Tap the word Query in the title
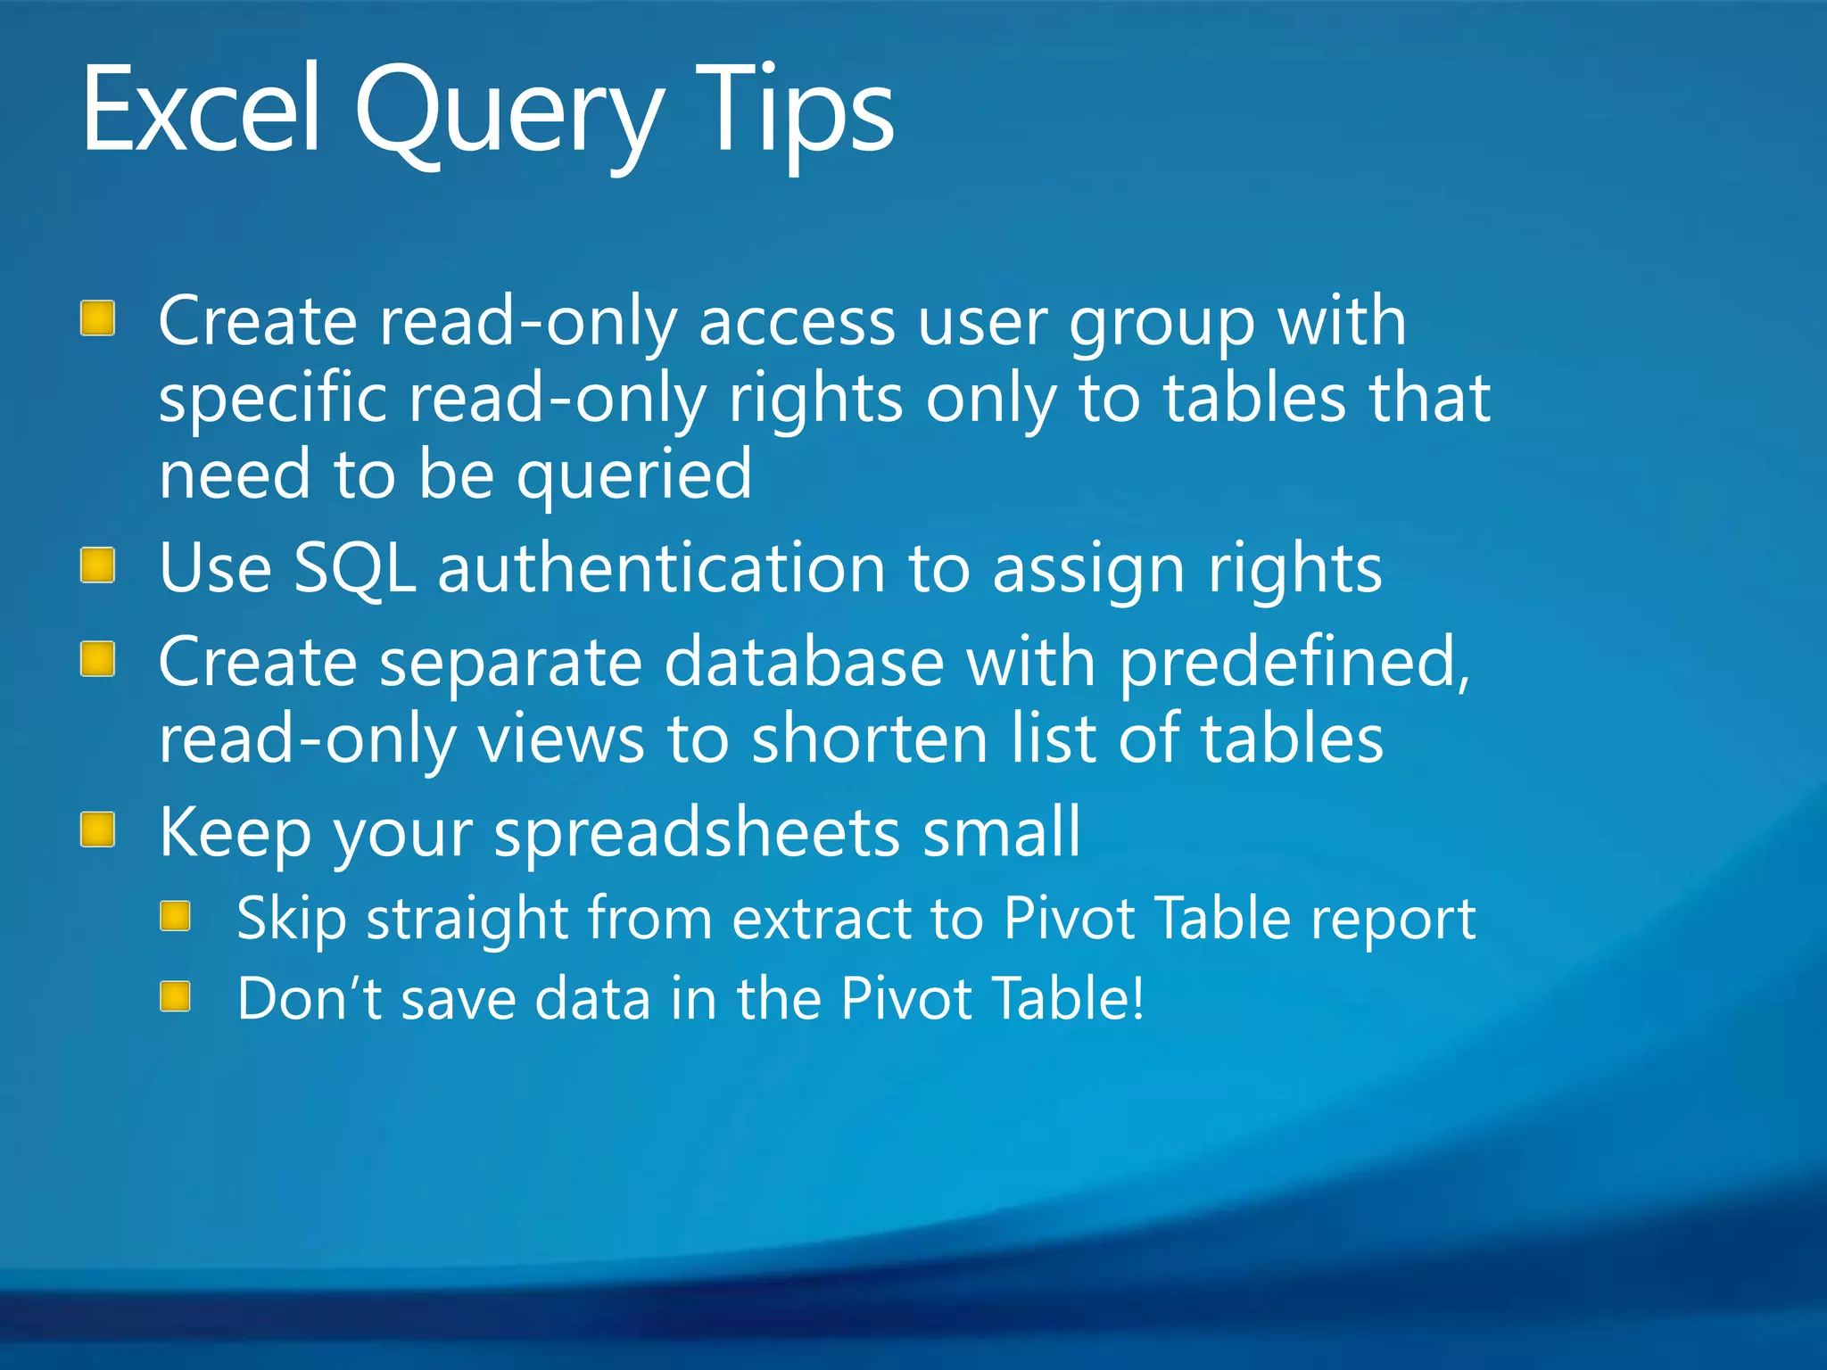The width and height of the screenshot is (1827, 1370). pyautogui.click(x=508, y=116)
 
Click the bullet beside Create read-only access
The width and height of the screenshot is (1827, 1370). pyautogui.click(x=97, y=318)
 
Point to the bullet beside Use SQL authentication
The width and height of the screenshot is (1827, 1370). pyautogui.click(x=97, y=565)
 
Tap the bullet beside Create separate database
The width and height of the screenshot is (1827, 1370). pyautogui.click(x=97, y=660)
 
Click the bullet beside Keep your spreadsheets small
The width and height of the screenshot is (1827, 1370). pyautogui.click(x=97, y=829)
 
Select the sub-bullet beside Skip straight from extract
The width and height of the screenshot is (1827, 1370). pyautogui.click(x=176, y=916)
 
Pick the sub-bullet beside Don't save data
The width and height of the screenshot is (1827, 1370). pyautogui.click(x=176, y=996)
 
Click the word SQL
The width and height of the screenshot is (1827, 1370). pyautogui.click(x=354, y=568)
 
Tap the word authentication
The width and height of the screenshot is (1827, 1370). pyautogui.click(x=661, y=568)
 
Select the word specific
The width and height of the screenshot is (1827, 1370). pyautogui.click(x=272, y=400)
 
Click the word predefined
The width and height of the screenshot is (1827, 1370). pyautogui.click(x=1294, y=664)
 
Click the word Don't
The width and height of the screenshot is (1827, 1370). pyautogui.click(x=309, y=998)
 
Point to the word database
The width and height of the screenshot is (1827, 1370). pyautogui.click(x=804, y=662)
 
